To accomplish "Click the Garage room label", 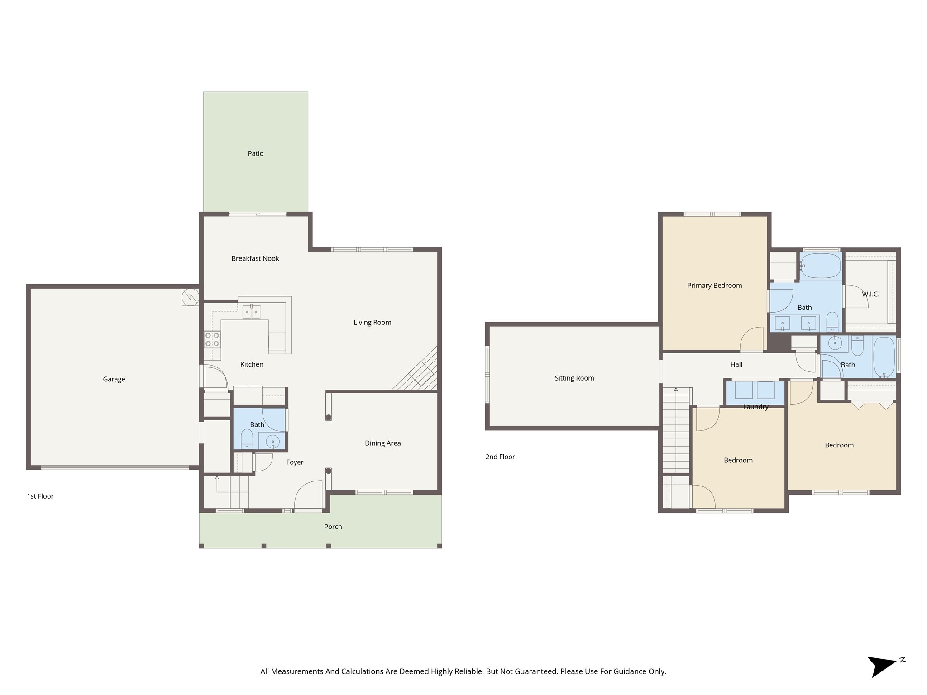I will tap(114, 379).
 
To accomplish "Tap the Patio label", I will tap(255, 153).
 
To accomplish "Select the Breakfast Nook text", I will tap(255, 258).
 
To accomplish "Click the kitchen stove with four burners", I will tap(212, 339).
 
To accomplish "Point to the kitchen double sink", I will tap(251, 312).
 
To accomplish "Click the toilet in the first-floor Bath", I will tap(247, 439).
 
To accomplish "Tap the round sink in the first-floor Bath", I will tap(272, 441).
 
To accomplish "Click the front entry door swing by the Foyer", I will tap(308, 496).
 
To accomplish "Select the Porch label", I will tap(333, 527).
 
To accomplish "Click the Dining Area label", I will tap(382, 443).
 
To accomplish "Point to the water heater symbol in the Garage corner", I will tap(190, 297).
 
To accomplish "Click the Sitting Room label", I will tap(574, 378).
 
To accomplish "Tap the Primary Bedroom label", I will tap(714, 285).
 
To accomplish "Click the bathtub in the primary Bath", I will tap(820, 266).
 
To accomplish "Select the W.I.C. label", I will tap(870, 294).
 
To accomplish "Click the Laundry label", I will tap(755, 407).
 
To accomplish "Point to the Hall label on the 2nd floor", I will tap(736, 364).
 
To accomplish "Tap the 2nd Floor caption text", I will tap(500, 457).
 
